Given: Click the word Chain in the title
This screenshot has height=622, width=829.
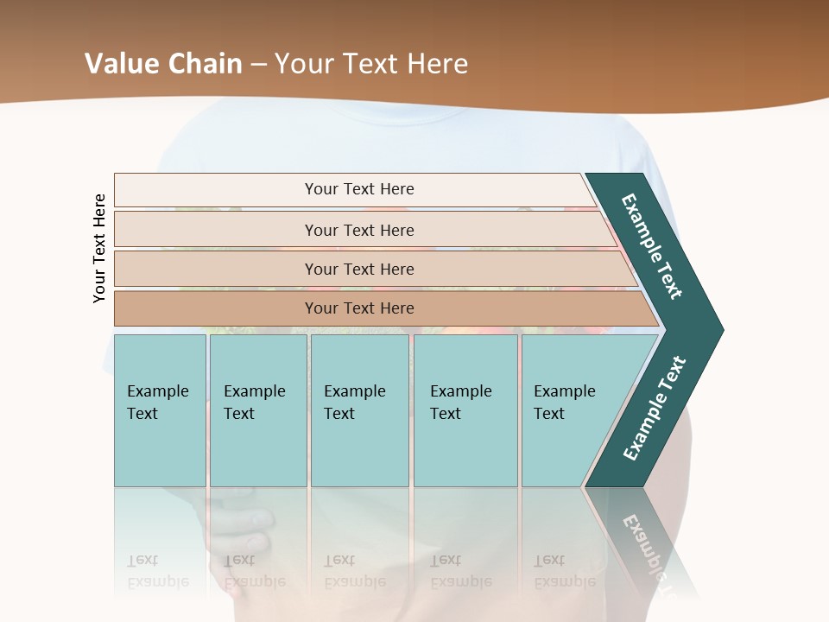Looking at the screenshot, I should [x=205, y=64].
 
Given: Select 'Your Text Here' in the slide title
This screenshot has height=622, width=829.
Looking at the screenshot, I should [x=371, y=64].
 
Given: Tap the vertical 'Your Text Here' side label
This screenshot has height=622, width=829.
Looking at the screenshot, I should [x=99, y=248].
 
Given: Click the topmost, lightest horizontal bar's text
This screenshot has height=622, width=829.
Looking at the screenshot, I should [x=359, y=189].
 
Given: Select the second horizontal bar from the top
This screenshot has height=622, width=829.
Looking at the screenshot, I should [x=359, y=230].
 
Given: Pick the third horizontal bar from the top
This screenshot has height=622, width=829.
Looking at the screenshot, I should [x=359, y=270].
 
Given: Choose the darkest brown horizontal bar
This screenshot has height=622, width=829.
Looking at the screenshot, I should [x=359, y=308].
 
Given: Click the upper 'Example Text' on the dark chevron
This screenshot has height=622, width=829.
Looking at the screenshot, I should [x=652, y=246].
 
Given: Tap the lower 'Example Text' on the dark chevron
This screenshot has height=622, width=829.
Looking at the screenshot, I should [x=655, y=408].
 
